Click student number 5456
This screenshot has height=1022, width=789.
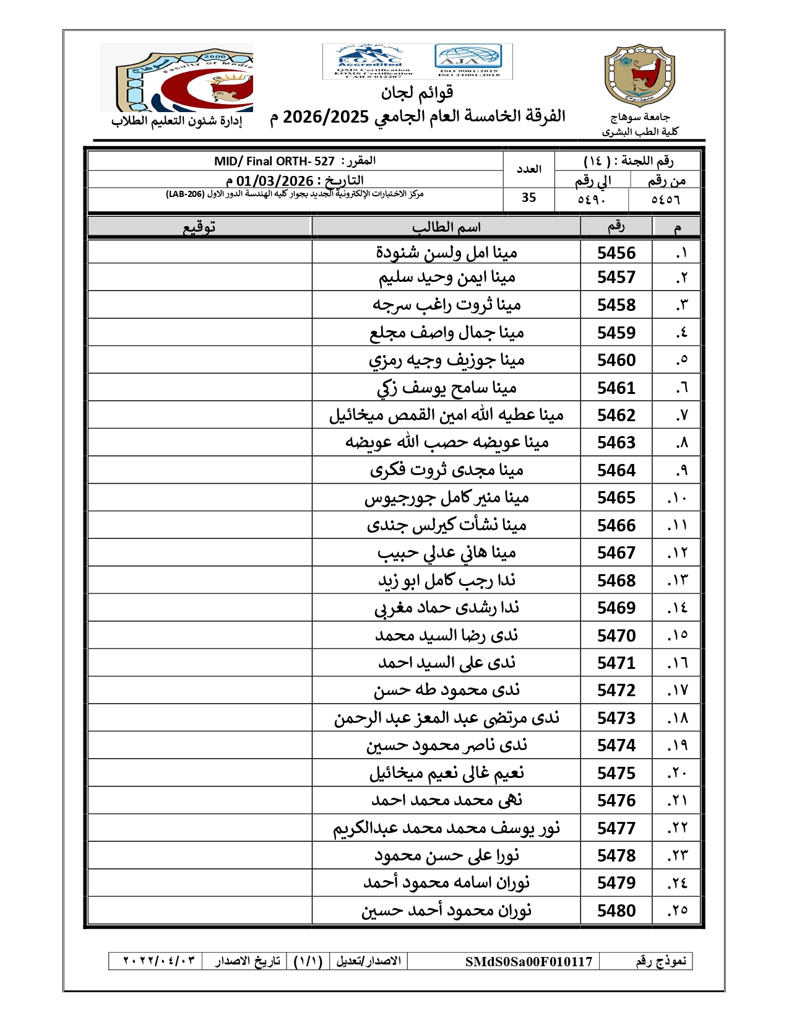(x=616, y=253)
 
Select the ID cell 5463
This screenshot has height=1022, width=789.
(x=616, y=442)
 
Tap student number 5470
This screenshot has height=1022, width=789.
(x=616, y=635)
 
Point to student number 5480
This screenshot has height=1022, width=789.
(x=616, y=911)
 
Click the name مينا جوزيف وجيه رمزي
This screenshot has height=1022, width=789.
(x=446, y=360)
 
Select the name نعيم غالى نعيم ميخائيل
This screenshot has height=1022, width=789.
(x=446, y=773)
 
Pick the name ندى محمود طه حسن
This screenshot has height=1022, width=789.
(x=446, y=690)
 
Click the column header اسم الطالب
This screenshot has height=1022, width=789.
(x=446, y=227)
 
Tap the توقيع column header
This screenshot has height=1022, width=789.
(x=199, y=227)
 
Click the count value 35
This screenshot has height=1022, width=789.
(x=528, y=198)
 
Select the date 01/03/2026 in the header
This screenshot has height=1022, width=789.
(x=275, y=181)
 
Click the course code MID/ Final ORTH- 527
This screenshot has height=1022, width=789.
(x=274, y=162)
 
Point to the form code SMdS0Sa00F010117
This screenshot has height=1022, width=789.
(x=528, y=961)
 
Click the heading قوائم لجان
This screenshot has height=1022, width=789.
(x=417, y=94)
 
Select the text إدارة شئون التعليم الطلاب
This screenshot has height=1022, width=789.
(x=176, y=121)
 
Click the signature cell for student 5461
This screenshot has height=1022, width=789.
(x=199, y=388)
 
